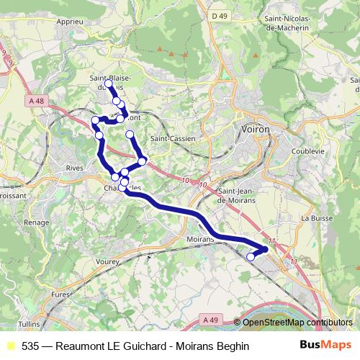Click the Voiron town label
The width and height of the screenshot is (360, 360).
pyautogui.click(x=253, y=129)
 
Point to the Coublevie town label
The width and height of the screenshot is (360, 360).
pyautogui.click(x=308, y=151)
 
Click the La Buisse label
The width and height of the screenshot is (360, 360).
pyautogui.click(x=315, y=217)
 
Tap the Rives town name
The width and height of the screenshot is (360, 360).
pyautogui.click(x=74, y=167)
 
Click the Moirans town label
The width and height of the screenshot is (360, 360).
pyautogui.click(x=200, y=238)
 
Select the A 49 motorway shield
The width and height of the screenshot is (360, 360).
pyautogui.click(x=210, y=319)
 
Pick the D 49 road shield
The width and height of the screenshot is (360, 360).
pyautogui.click(x=220, y=15)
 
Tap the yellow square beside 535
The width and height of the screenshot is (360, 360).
pyautogui.click(x=10, y=346)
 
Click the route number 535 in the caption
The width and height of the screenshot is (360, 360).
pyautogui.click(x=30, y=346)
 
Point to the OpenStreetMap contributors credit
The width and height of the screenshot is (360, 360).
pyautogui.click(x=298, y=323)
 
